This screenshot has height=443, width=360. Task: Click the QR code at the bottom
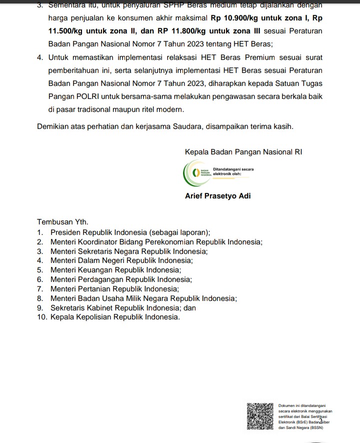[x=260, y=416]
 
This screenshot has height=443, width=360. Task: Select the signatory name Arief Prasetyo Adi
[x=218, y=196]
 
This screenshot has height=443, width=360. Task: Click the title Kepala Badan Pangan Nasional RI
[x=243, y=151]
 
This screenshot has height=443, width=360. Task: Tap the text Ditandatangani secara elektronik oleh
[x=233, y=171]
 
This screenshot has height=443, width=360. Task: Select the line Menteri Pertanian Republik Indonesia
[x=114, y=289]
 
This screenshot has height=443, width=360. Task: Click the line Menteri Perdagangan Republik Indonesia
[x=121, y=279]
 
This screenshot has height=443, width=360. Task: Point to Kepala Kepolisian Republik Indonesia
[x=115, y=317]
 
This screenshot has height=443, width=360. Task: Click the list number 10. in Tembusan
[x=42, y=317]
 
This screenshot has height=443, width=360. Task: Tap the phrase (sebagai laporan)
[x=178, y=232]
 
